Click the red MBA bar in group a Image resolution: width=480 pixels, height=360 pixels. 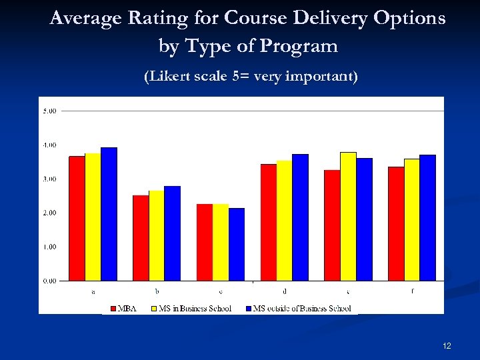click(x=77, y=218)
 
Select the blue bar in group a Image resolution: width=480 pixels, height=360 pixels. click(x=109, y=214)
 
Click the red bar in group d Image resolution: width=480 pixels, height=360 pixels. click(x=269, y=222)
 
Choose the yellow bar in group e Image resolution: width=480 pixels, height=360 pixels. click(x=348, y=216)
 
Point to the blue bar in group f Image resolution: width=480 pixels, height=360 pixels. click(x=427, y=217)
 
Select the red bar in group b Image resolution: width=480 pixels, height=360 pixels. click(x=141, y=238)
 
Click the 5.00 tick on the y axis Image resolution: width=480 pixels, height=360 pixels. click(x=49, y=111)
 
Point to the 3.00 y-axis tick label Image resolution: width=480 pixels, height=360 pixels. click(x=49, y=179)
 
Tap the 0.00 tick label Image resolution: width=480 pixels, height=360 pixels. click(x=49, y=281)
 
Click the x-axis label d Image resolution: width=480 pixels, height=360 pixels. click(x=285, y=291)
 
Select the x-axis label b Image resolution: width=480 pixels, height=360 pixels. click(x=157, y=291)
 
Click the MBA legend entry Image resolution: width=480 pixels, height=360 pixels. click(x=122, y=309)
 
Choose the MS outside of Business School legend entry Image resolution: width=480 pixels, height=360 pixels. click(x=297, y=309)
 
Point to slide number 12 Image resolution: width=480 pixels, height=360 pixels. click(x=447, y=346)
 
